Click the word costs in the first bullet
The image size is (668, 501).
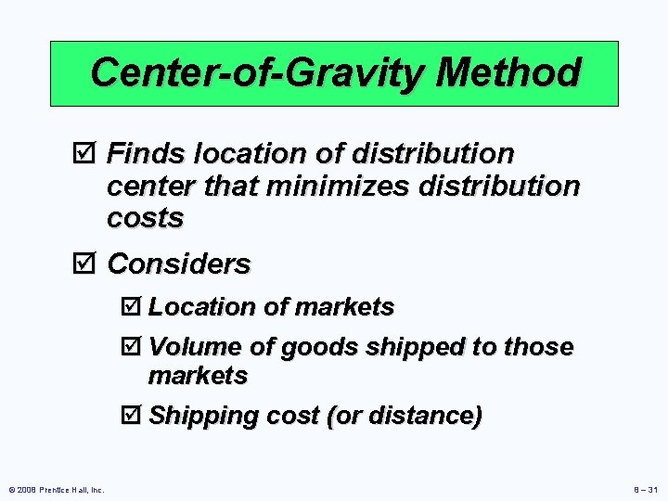pyautogui.click(x=146, y=218)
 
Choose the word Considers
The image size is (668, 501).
pyautogui.click(x=180, y=264)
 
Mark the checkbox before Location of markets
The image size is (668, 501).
pyautogui.click(x=134, y=307)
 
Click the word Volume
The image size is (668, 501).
pyautogui.click(x=195, y=347)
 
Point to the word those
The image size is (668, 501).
pyautogui.click(x=538, y=347)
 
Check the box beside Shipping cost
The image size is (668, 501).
pyautogui.click(x=134, y=416)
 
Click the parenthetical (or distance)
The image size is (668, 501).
pyautogui.click(x=404, y=416)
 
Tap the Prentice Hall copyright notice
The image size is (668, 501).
pyautogui.click(x=57, y=489)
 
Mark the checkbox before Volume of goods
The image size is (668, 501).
pyautogui.click(x=134, y=347)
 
